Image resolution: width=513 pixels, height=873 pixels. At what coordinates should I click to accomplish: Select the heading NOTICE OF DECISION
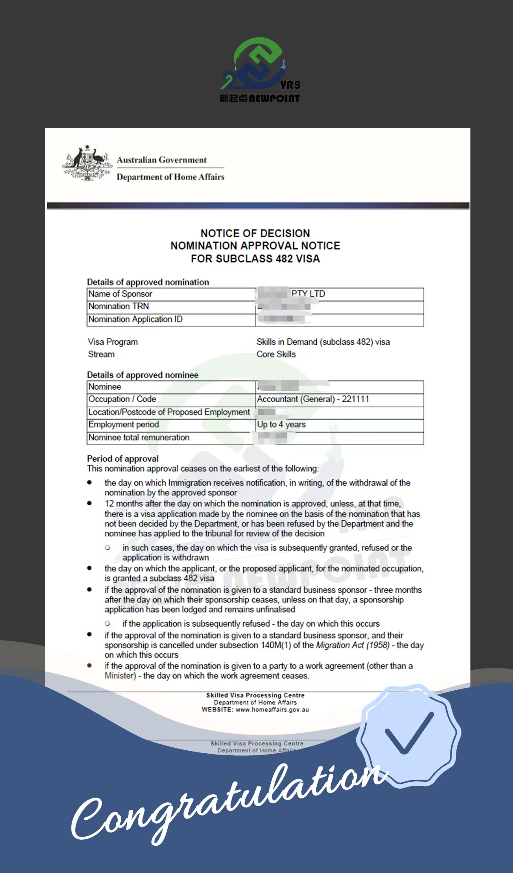[255, 233]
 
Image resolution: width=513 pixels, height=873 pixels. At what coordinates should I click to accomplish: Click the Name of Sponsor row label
[120, 294]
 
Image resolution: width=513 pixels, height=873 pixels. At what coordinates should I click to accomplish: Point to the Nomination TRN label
[118, 306]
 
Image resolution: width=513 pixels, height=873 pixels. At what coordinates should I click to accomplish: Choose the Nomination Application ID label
[135, 320]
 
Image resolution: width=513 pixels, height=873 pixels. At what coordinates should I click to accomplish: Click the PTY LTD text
[308, 294]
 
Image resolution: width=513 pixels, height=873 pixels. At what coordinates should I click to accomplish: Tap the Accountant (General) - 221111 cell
[313, 399]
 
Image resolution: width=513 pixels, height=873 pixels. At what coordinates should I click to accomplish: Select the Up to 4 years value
[281, 424]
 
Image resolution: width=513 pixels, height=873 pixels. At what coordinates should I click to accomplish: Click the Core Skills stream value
[276, 354]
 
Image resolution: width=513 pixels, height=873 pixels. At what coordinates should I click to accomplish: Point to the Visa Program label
[113, 342]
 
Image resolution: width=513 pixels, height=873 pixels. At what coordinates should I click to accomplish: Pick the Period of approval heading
[123, 458]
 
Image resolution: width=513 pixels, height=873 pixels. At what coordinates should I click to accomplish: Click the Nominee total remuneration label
[139, 438]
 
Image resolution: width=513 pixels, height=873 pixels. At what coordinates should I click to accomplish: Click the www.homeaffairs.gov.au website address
[272, 710]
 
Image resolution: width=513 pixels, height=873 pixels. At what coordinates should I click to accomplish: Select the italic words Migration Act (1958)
[353, 645]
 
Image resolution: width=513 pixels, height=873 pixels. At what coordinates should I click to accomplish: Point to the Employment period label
[123, 425]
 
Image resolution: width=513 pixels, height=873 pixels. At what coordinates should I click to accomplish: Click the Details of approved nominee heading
[143, 375]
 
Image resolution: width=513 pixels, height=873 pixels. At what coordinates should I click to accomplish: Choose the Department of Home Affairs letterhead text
[170, 177]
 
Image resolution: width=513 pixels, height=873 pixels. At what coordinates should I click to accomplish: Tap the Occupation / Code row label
[122, 399]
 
